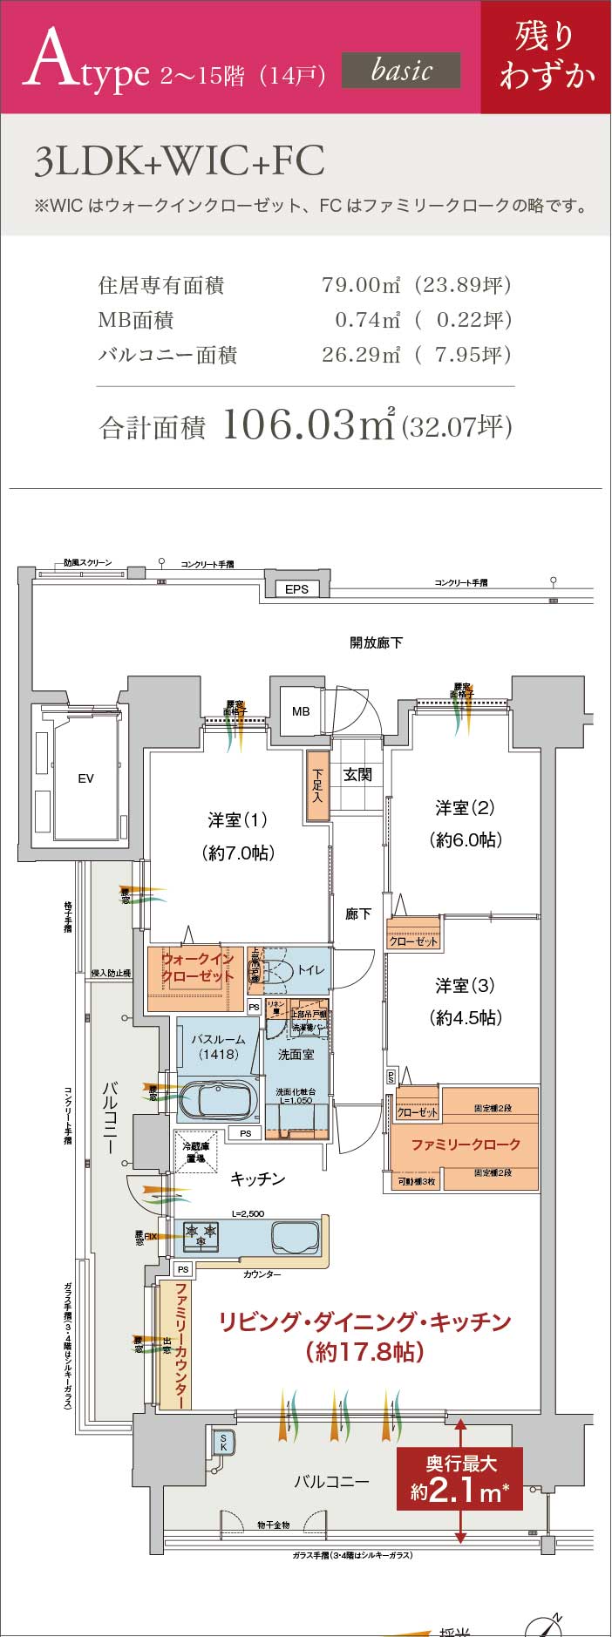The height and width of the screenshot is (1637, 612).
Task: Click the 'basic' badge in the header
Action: pos(401,70)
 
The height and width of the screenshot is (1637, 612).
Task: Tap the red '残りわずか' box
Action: pos(546,56)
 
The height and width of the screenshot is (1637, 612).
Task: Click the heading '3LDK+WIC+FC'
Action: pos(180,162)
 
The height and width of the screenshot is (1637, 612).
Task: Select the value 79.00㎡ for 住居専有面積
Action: pos(361,285)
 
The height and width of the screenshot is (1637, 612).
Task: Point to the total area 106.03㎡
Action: pos(309,425)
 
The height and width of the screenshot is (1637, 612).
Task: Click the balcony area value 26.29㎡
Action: pos(361,355)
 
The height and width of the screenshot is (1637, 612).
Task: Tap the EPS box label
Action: pos(296,589)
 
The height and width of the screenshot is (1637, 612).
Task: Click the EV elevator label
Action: pos(85,778)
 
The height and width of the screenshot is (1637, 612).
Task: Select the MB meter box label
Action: pos(301,711)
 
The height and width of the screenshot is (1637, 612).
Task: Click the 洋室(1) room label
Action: pos(237,820)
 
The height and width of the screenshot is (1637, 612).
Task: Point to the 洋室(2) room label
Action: pos(465,808)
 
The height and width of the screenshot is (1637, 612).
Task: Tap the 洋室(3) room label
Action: pos(465,986)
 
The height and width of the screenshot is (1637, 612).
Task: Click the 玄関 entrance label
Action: pos(357,774)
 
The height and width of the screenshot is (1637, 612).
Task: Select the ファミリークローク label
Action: pos(466,1144)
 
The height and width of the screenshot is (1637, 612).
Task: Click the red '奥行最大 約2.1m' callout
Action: pos(460,1478)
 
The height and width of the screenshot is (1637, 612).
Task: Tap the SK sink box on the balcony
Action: pos(223,1442)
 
